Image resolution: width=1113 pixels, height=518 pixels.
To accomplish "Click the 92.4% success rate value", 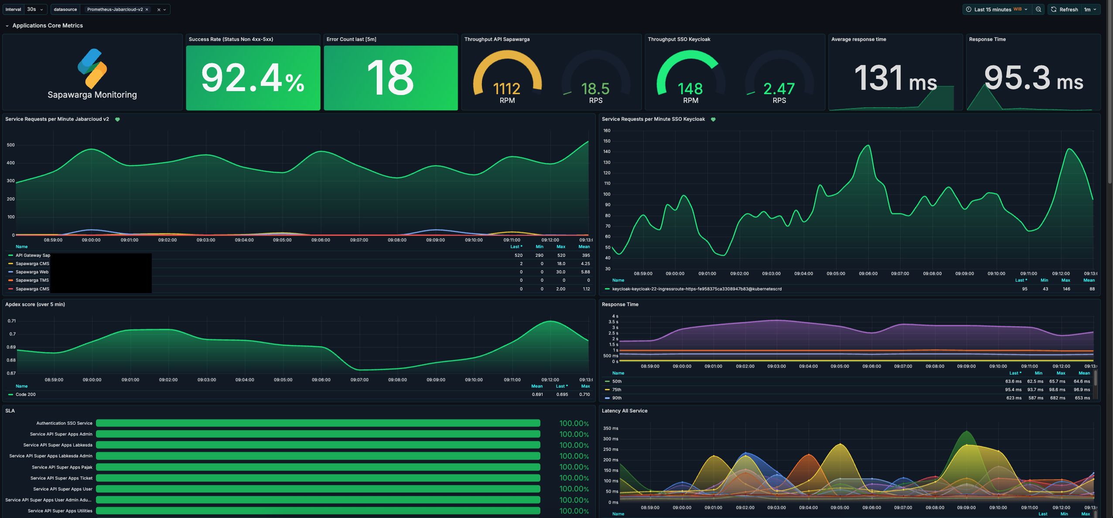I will pyautogui.click(x=253, y=78).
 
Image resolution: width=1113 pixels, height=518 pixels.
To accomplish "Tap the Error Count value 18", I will pyautogui.click(x=390, y=78).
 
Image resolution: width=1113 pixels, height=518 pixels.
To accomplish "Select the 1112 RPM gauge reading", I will pyautogui.click(x=507, y=89).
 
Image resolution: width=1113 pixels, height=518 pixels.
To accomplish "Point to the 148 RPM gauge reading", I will pyautogui.click(x=690, y=89).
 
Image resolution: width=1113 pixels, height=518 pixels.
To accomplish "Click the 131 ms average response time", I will pyautogui.click(x=895, y=78).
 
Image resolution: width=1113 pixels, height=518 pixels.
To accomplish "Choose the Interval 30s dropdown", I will pyautogui.click(x=35, y=9).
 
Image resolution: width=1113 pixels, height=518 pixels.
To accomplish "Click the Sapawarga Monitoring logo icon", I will pyautogui.click(x=92, y=68).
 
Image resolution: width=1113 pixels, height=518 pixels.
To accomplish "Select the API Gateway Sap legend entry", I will pyautogui.click(x=33, y=256).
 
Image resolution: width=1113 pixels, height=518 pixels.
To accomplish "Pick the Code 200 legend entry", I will pyautogui.click(x=26, y=395).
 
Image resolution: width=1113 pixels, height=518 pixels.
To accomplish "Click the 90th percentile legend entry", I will pyautogui.click(x=617, y=398).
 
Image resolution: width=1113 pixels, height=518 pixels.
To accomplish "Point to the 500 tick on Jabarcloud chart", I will pyautogui.click(x=11, y=145).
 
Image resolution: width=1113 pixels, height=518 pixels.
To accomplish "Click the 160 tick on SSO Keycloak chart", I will pyautogui.click(x=607, y=131).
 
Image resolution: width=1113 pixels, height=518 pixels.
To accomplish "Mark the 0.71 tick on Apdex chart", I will pyautogui.click(x=12, y=321).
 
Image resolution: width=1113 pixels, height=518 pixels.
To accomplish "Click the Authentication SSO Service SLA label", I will pyautogui.click(x=64, y=423).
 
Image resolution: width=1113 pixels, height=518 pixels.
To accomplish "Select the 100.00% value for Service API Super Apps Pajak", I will pyautogui.click(x=574, y=467).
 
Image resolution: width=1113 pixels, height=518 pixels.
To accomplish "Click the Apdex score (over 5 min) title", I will pyautogui.click(x=35, y=304).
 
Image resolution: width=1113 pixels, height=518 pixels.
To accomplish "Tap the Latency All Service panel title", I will pyautogui.click(x=625, y=411).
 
